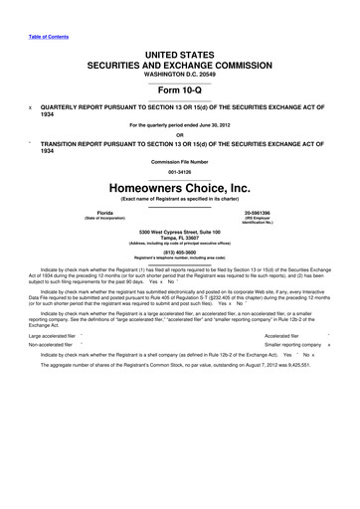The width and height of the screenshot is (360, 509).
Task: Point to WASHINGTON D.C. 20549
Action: (180, 74)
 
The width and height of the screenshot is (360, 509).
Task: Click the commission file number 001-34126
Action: (180, 169)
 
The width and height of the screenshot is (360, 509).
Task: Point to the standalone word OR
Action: (180, 136)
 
